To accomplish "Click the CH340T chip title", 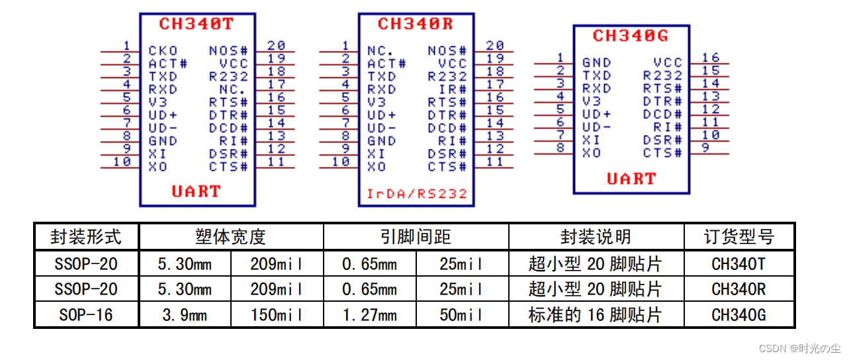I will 197,24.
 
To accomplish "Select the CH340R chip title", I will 416,24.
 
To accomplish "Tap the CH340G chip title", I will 631,36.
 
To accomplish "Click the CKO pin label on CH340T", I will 163,50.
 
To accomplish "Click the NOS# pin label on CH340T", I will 228,50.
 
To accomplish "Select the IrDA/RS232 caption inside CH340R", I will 417,194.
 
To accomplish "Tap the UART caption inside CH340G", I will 631,179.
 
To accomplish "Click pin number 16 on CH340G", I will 711,58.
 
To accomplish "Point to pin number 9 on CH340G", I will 705,148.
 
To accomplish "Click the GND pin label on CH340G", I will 596,63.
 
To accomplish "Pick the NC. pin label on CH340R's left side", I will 381,50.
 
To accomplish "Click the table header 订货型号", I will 739,237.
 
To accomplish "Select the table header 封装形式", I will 86,237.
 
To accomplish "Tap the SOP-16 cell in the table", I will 86,315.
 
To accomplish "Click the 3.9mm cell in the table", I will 185,315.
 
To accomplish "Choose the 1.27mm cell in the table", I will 369,315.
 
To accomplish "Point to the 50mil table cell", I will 461,315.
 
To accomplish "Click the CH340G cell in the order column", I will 739,315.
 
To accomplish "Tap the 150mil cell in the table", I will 277,315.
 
